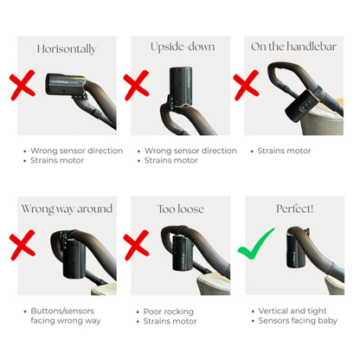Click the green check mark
[255, 245]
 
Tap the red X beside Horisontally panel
[22, 85]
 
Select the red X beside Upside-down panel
[136, 85]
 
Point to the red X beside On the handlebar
[246, 85]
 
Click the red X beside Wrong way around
[22, 245]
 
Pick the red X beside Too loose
[136, 245]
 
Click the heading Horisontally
[67, 49]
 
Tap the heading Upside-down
[183, 47]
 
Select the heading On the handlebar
[293, 47]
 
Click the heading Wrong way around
[67, 209]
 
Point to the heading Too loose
[181, 209]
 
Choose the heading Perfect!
[294, 209]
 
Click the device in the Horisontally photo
[66, 85]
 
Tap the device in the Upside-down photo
[181, 86]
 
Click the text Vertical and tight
[292, 311]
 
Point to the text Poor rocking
[169, 312]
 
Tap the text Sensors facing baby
[298, 321]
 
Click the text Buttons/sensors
[62, 311]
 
